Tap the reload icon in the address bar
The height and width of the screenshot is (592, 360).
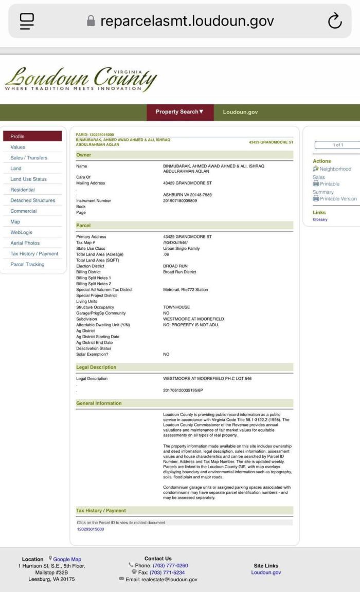(335, 21)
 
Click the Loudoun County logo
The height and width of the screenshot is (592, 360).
(81, 79)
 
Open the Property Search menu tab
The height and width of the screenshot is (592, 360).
(179, 112)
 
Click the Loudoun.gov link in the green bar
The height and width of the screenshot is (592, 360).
(240, 112)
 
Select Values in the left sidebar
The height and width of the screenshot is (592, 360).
(17, 147)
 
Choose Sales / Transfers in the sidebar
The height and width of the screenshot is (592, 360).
(29, 158)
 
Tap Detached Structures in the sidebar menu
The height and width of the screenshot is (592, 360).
(33, 200)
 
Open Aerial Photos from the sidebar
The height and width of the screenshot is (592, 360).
(25, 243)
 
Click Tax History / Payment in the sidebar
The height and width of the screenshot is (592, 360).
(34, 254)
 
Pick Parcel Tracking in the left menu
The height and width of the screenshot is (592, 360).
(27, 264)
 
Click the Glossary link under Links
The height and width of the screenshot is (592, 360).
(320, 219)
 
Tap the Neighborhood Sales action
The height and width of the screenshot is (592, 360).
(335, 169)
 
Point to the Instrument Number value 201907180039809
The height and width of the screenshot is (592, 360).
(180, 201)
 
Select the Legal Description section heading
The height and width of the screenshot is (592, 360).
(96, 367)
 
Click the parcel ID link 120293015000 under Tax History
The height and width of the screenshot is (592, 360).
(91, 529)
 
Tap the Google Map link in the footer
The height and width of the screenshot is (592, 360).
(67, 559)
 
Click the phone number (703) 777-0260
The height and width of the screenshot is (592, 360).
(170, 566)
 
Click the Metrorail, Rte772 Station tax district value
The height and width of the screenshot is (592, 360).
(186, 290)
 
